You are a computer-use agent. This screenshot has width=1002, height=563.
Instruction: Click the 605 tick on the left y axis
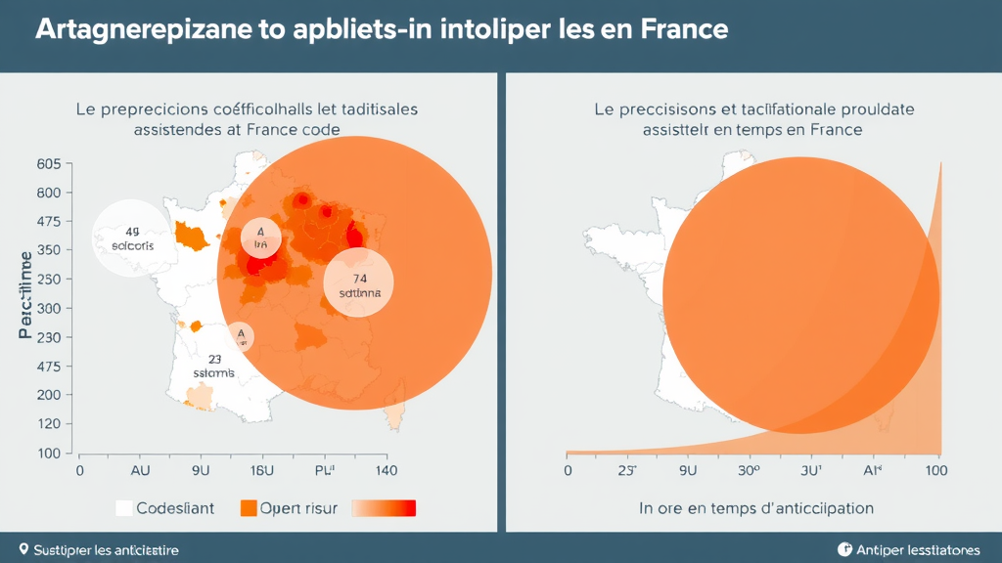pos(49,164)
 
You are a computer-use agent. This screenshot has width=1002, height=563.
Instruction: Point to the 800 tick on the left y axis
pos(49,193)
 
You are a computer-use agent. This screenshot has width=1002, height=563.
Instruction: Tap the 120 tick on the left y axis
pos(49,424)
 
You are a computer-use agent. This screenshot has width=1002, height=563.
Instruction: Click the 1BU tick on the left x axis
pos(261,470)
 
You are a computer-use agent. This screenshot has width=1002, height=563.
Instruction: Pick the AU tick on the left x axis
pos(140,470)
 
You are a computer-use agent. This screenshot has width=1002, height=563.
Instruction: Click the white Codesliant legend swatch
pos(123,508)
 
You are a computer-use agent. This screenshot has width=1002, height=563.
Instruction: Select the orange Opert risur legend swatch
pos(249,508)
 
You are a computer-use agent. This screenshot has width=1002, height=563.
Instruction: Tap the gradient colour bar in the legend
pos(384,508)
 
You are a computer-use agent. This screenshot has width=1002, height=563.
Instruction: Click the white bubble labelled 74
pos(358,282)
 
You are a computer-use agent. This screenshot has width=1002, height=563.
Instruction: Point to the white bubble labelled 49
pos(132,238)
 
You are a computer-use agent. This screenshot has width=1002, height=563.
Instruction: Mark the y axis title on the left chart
pos(24,294)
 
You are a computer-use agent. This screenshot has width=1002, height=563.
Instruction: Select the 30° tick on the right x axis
pos(750,470)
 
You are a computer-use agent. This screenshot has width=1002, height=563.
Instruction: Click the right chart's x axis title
pos(756,508)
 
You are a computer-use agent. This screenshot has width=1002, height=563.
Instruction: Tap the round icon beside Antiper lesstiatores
pos(845,549)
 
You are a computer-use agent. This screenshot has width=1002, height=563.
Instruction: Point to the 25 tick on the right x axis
pos(626,470)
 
